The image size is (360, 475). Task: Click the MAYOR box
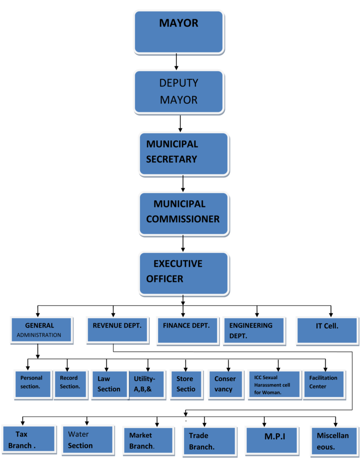179,32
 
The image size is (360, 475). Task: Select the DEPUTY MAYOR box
179,91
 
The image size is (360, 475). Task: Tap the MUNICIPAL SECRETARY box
184,153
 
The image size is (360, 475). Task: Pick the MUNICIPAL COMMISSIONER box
184,213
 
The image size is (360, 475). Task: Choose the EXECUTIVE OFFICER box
184,273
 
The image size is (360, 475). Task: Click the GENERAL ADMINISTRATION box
41,330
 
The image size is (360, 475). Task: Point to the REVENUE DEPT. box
117,330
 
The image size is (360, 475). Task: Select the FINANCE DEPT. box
187,330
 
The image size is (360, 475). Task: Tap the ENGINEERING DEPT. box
254,330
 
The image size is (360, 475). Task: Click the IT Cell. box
327,330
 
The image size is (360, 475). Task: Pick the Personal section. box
32,384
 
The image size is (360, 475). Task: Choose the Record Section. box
71,384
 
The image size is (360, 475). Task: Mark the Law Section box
109,384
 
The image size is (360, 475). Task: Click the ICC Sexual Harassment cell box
274,384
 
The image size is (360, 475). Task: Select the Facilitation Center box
324,384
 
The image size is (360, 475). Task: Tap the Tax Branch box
29,439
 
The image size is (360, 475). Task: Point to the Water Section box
88,439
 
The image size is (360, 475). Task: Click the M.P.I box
271,440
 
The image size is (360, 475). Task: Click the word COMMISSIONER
183,219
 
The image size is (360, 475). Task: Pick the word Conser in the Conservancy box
225,379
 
